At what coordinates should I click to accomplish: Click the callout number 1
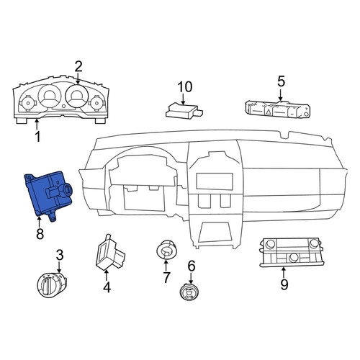click(x=37, y=136)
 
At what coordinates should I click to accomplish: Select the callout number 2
click(x=78, y=66)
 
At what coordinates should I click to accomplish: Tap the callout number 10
click(x=185, y=86)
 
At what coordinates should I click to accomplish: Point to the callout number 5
click(x=281, y=81)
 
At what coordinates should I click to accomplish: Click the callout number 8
click(x=40, y=233)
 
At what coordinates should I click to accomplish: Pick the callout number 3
click(x=60, y=255)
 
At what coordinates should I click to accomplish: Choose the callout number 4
click(x=107, y=287)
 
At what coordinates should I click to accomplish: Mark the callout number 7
click(x=166, y=277)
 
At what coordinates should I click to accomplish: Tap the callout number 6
click(x=192, y=266)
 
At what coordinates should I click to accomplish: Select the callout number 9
click(x=284, y=284)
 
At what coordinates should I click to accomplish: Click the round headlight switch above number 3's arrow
click(x=52, y=285)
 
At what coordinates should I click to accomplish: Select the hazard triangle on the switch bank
click(x=269, y=111)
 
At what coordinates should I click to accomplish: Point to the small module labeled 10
click(x=184, y=111)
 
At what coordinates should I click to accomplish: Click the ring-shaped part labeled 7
click(x=166, y=251)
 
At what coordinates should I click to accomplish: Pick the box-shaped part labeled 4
click(x=110, y=253)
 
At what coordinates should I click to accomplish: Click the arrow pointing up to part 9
click(x=284, y=273)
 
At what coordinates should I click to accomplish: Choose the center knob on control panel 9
click(x=294, y=258)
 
